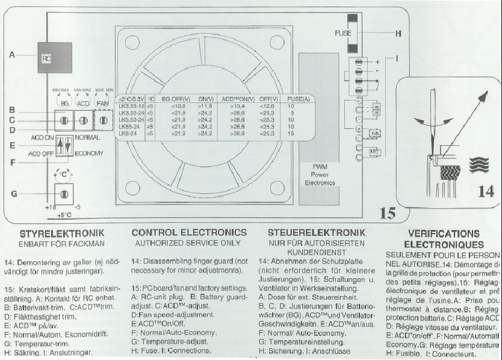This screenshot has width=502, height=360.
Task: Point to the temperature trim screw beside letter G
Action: (61, 194)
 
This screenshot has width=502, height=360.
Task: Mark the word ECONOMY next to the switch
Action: (89, 153)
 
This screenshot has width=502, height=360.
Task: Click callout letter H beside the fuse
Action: (398, 34)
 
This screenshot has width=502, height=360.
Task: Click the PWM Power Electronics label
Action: (320, 173)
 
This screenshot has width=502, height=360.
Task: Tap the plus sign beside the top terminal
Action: (378, 62)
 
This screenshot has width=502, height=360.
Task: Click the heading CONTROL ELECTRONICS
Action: (189, 232)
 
